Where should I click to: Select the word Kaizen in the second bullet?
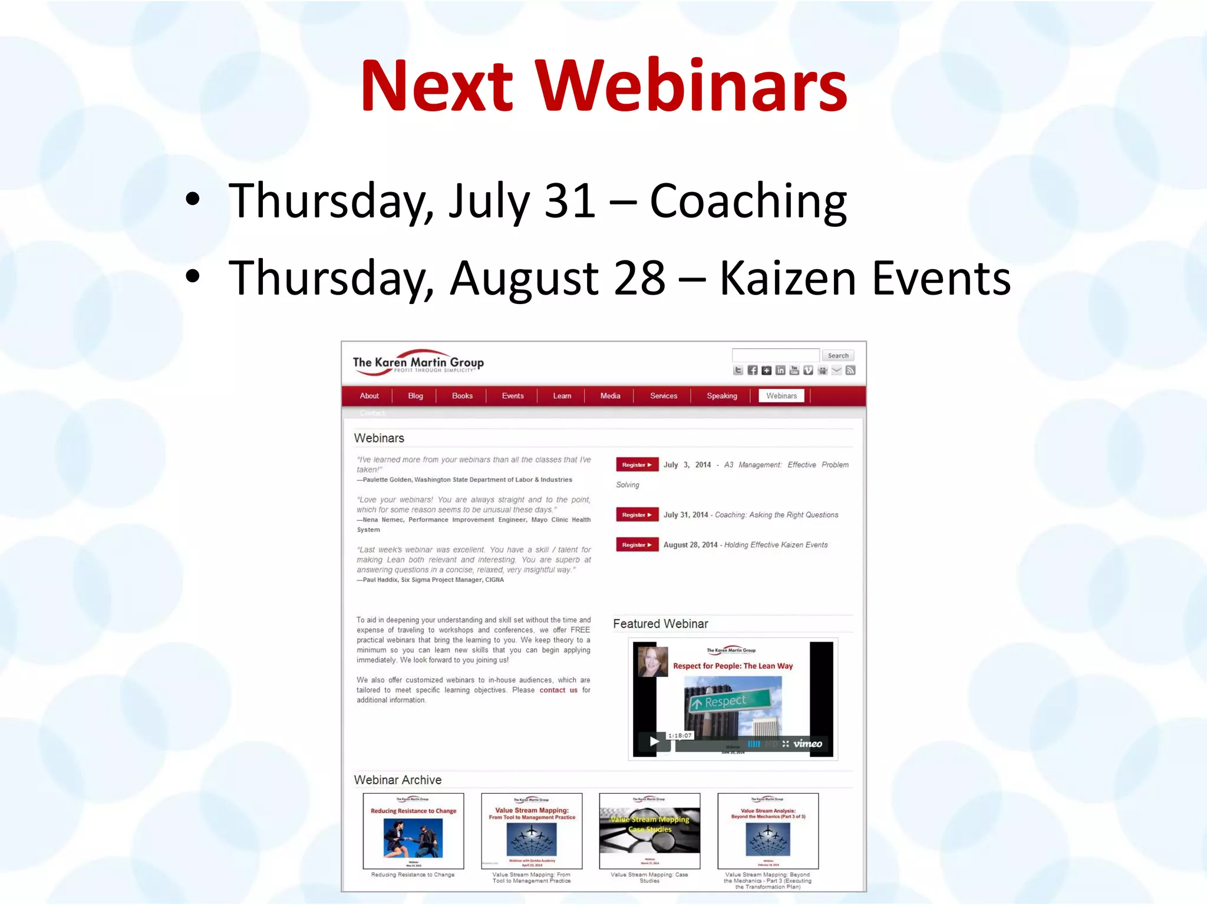pos(787,278)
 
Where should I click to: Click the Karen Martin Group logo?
pos(418,362)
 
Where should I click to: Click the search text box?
pos(775,355)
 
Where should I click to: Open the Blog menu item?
pos(415,396)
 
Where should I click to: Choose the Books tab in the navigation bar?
pos(462,396)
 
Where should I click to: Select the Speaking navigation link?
pos(721,396)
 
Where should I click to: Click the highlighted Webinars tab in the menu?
pos(781,396)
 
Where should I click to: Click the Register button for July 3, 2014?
pos(637,465)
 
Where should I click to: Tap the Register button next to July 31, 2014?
pos(637,515)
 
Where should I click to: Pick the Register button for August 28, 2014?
pos(637,545)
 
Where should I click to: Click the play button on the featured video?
pos(654,742)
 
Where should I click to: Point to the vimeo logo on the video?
pos(807,744)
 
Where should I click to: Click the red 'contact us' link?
pos(558,690)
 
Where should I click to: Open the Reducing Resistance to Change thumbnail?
pos(413,831)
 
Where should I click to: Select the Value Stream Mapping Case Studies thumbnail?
pos(649,831)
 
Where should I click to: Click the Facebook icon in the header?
pos(752,370)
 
